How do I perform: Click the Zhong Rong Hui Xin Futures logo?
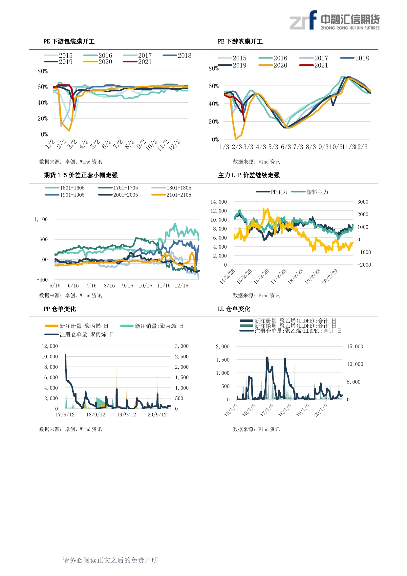334,20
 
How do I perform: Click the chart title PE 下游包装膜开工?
69,41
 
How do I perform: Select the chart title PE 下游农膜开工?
240,41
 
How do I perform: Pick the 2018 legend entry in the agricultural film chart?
354,58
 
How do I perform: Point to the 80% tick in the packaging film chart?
43,71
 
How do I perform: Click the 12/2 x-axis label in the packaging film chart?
175,145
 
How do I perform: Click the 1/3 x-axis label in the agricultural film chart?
224,147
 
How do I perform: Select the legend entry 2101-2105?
171,195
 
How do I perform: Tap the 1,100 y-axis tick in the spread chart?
41,219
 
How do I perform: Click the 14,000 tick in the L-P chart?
219,202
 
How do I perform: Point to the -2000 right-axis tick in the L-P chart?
364,265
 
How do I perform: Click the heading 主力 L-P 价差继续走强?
249,175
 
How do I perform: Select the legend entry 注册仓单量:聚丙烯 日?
79,334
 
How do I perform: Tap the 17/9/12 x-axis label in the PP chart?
65,415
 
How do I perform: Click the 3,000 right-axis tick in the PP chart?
182,346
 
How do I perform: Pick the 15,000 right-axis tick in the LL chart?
355,346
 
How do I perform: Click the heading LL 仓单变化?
234,309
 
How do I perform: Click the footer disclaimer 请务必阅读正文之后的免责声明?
110,560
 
